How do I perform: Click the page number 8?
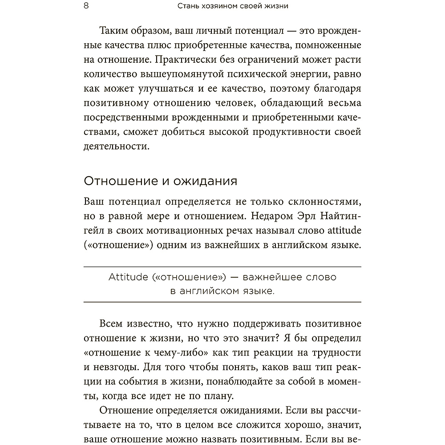pos(86,7)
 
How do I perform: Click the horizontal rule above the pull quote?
pos(222,266)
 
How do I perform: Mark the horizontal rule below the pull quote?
pos(222,302)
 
